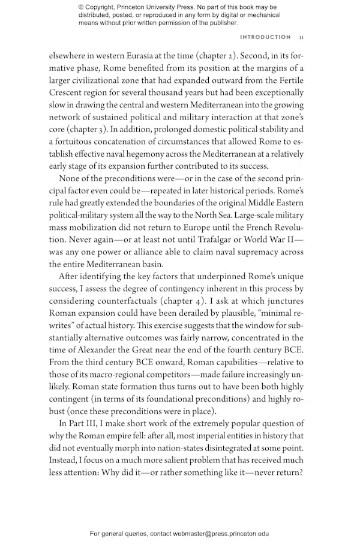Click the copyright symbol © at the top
pyautogui.click(x=81, y=7)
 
